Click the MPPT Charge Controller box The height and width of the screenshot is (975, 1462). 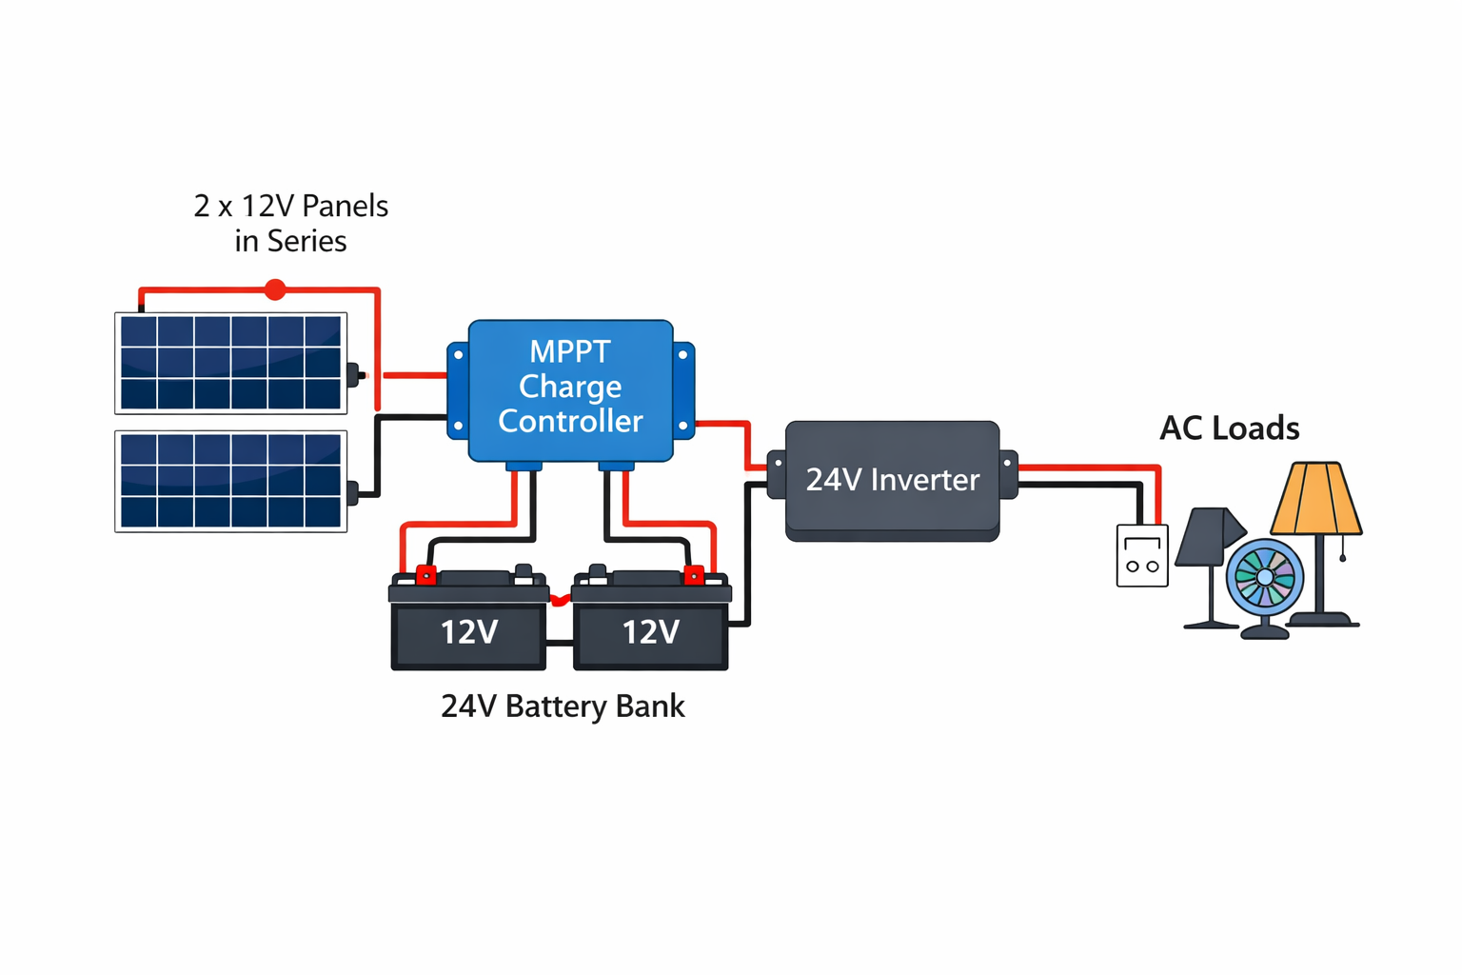pyautogui.click(x=570, y=390)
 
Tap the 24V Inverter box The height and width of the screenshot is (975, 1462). pyautogui.click(x=892, y=480)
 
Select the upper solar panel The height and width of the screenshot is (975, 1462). pyautogui.click(x=230, y=363)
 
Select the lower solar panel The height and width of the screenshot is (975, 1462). pyautogui.click(x=230, y=481)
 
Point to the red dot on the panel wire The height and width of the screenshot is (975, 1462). pyautogui.click(x=275, y=289)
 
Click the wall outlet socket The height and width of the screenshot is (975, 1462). pyautogui.click(x=1142, y=556)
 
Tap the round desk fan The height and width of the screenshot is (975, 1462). pyautogui.click(x=1264, y=578)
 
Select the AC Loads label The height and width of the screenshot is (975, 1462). pyautogui.click(x=1229, y=428)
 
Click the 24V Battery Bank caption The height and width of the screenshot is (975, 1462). pyautogui.click(x=563, y=706)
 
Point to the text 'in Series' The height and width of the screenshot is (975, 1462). pyautogui.click(x=290, y=241)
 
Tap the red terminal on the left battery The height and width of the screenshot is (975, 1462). pyautogui.click(x=426, y=575)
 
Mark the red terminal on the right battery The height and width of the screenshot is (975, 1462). pyautogui.click(x=695, y=575)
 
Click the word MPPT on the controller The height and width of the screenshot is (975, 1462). pyautogui.click(x=569, y=351)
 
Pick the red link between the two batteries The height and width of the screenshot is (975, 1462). pyautogui.click(x=560, y=600)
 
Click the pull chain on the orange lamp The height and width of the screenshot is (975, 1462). pyautogui.click(x=1342, y=549)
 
